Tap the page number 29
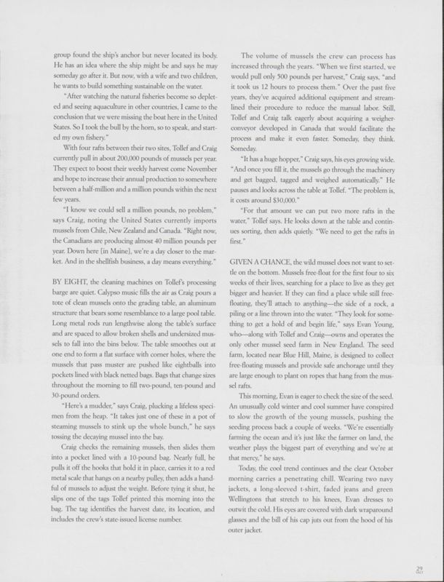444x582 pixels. (419, 569)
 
